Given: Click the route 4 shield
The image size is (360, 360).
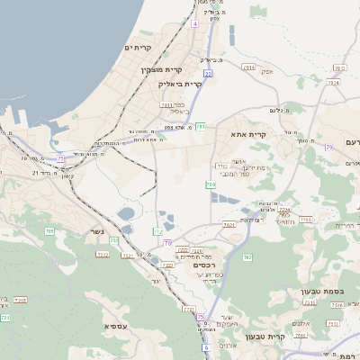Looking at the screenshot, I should [x=194, y=24].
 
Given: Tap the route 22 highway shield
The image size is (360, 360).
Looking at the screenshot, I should [x=207, y=74].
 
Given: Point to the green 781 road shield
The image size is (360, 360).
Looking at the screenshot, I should [x=202, y=126].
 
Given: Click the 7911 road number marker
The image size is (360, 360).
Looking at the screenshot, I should [x=248, y=67].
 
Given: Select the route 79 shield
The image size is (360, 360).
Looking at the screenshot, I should [x=329, y=147].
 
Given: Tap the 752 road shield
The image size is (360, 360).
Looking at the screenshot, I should [x=113, y=240].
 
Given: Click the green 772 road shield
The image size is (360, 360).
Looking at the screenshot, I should [x=158, y=231].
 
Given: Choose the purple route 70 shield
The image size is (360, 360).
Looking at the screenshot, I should [x=167, y=243].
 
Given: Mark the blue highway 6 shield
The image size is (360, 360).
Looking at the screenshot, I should [x=205, y=346].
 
